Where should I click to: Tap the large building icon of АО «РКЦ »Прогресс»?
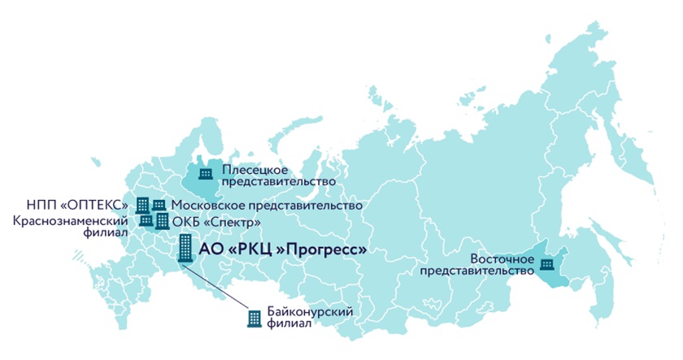[186, 249]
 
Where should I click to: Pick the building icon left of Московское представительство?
[159, 206]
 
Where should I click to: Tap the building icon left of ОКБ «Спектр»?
[163, 221]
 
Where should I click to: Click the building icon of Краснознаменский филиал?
[146, 220]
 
